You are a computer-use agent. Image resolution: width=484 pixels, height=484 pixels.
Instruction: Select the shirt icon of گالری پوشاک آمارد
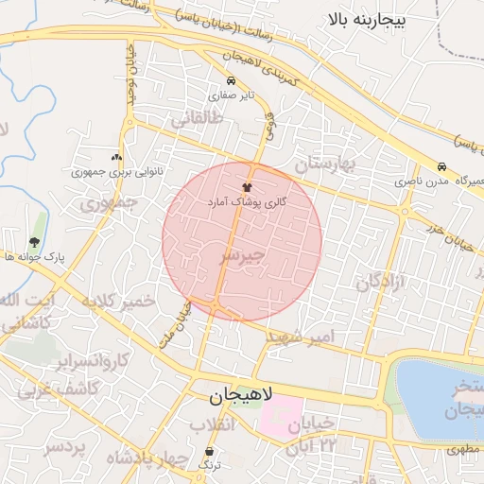click(248, 187)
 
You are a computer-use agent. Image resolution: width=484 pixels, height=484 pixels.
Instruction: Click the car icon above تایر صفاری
click(232, 80)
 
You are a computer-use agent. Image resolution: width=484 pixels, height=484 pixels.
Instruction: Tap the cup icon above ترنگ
click(210, 452)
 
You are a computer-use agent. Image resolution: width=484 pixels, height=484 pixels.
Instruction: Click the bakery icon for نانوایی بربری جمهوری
click(116, 158)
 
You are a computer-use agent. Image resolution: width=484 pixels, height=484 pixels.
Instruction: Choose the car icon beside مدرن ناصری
click(442, 165)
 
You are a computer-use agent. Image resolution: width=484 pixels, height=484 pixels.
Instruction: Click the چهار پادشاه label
click(136, 458)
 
